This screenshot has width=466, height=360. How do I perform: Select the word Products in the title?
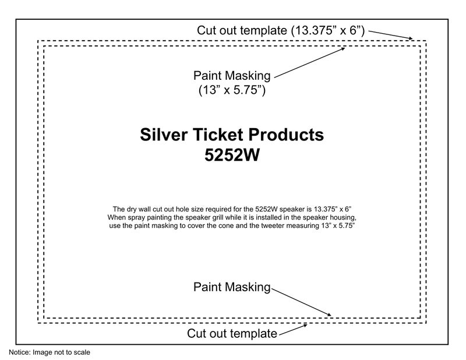pyautogui.click(x=288, y=135)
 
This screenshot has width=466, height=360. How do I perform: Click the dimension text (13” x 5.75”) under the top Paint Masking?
pyautogui.click(x=232, y=90)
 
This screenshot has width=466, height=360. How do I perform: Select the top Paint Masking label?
pyautogui.click(x=232, y=76)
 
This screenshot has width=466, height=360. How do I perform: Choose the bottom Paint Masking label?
pyautogui.click(x=232, y=287)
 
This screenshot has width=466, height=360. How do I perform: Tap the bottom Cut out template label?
pyautogui.click(x=232, y=334)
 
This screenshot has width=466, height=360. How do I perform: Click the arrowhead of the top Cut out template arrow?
pyautogui.click(x=411, y=39)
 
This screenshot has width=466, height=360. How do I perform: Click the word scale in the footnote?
pyautogui.click(x=82, y=352)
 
